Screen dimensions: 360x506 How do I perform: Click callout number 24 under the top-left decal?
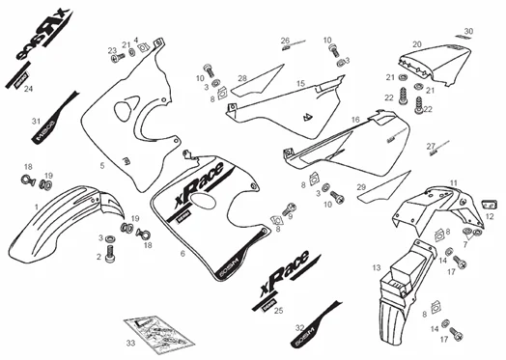28,88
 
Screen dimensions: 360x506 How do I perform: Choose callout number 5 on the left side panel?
101,166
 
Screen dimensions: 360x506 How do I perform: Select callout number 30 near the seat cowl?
468,32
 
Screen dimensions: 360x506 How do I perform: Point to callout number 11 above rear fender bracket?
453,182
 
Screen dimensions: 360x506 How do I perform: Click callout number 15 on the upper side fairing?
301,84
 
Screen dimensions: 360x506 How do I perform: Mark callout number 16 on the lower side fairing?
355,121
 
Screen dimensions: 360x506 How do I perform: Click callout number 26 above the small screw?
285,41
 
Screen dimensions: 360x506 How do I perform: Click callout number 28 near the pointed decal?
242,78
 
